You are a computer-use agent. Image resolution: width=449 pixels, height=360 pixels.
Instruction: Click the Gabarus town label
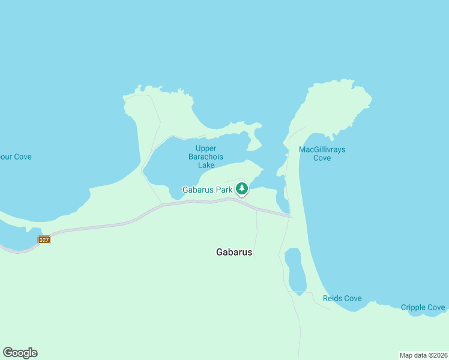pyautogui.click(x=234, y=253)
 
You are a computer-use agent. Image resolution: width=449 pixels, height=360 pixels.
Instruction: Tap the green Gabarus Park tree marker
pyautogui.click(x=241, y=189)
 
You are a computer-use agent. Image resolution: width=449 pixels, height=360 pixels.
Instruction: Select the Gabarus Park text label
pyautogui.click(x=207, y=190)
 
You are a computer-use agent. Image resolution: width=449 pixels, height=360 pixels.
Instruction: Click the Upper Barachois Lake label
pyautogui.click(x=206, y=157)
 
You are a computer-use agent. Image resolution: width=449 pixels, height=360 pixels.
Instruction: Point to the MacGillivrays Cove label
pyautogui.click(x=322, y=154)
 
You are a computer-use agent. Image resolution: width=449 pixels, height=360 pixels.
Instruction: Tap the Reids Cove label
pyautogui.click(x=342, y=298)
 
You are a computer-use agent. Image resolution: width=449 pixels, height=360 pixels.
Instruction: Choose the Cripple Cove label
pyautogui.click(x=423, y=308)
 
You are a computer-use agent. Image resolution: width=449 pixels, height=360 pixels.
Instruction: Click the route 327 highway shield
pyautogui.click(x=44, y=239)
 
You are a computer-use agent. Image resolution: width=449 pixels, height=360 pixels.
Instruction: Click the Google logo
pyautogui.click(x=20, y=353)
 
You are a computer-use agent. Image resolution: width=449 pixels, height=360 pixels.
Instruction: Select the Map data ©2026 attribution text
pyautogui.click(x=423, y=355)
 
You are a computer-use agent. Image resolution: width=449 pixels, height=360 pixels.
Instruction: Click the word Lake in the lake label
pyautogui.click(x=206, y=165)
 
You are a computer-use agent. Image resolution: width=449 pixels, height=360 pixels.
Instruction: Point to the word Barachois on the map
pyautogui.click(x=206, y=157)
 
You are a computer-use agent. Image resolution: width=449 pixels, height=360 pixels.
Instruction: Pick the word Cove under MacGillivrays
pyautogui.click(x=322, y=158)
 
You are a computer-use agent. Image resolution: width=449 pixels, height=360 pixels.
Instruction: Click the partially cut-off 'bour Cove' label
pyautogui.click(x=15, y=157)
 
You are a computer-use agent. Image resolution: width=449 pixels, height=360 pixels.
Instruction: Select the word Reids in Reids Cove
pyautogui.click(x=333, y=298)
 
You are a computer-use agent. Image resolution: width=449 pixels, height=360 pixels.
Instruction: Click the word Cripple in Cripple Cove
pyautogui.click(x=414, y=308)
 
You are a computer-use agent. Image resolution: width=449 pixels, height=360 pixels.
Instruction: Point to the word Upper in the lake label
pyautogui.click(x=206, y=148)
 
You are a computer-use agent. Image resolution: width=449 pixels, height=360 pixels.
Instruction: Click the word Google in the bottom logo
pyautogui.click(x=20, y=353)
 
